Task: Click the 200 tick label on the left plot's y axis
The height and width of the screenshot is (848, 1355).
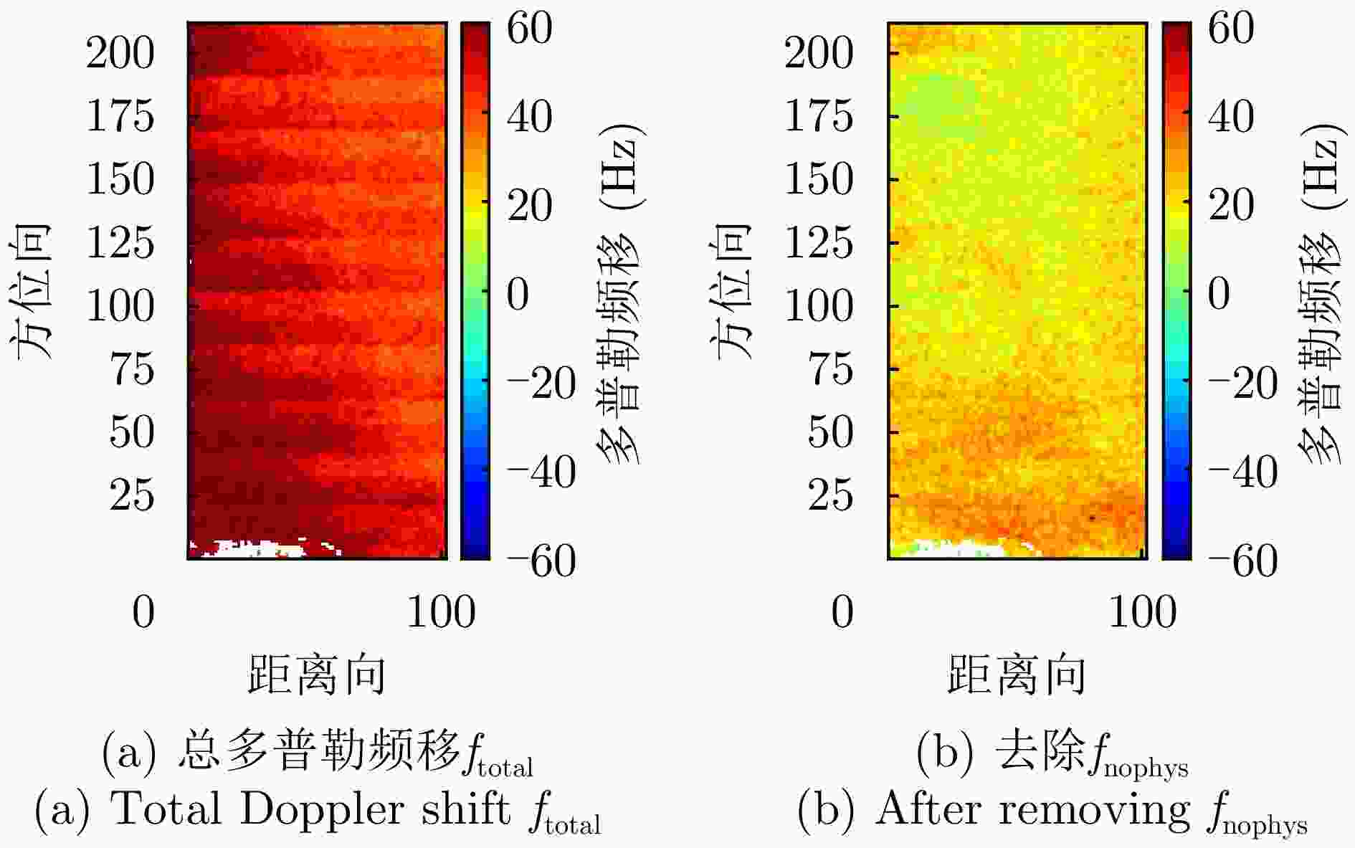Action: click(120, 53)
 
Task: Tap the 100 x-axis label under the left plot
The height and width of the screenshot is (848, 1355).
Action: click(440, 613)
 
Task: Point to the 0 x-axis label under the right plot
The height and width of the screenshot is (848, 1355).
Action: click(842, 613)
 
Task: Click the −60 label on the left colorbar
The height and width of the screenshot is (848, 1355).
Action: click(541, 561)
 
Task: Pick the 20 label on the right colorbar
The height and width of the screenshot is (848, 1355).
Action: click(1231, 206)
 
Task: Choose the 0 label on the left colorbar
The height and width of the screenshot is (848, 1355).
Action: click(518, 295)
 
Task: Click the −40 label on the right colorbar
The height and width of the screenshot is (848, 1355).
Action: click(1242, 472)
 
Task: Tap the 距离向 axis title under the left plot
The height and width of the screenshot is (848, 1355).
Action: click(316, 675)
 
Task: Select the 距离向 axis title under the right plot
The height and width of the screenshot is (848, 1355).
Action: click(1016, 675)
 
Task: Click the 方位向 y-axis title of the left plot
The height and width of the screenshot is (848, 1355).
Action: click(32, 290)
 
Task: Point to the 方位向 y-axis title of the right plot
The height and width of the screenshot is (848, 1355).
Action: click(732, 290)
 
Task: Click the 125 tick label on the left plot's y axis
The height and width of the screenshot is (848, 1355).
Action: click(120, 243)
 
